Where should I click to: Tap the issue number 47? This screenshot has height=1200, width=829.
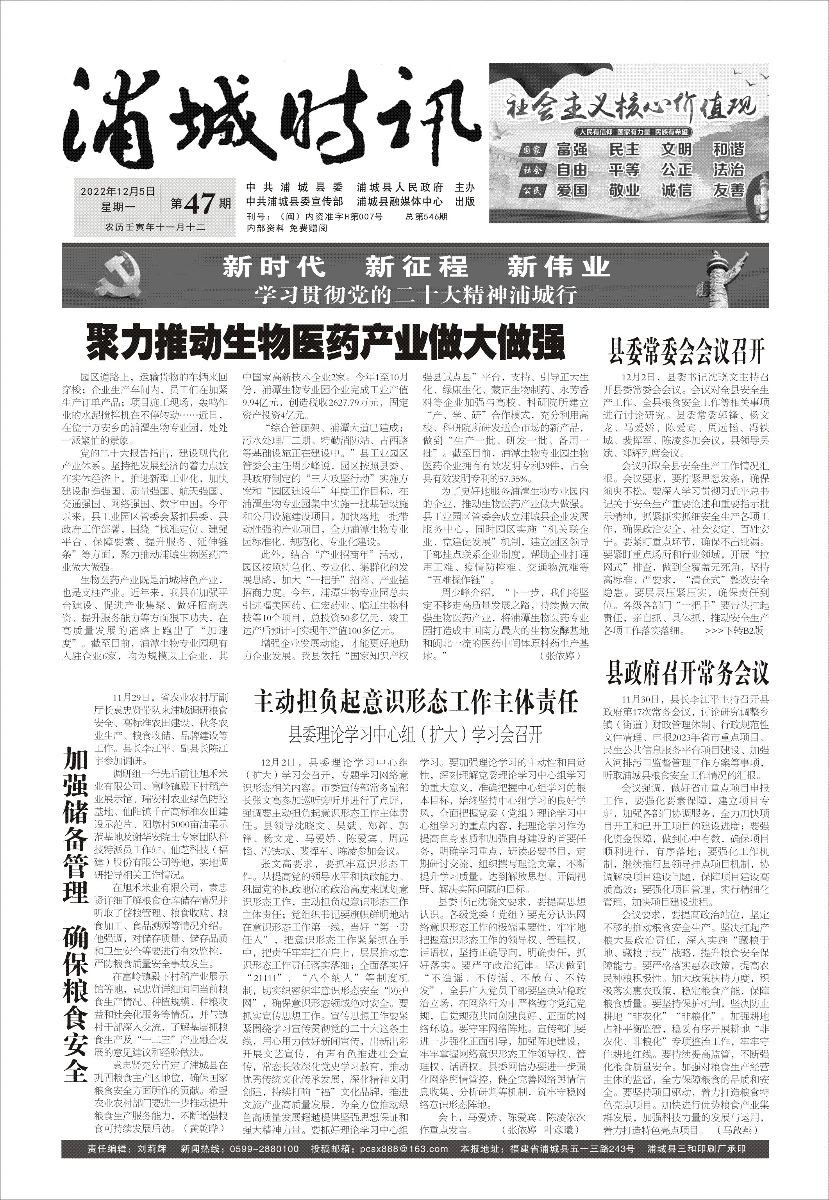pos(200,203)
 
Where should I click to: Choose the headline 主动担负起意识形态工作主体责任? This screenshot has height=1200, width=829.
pos(416,703)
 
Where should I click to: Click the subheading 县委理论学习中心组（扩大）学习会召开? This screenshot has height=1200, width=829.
pos(416,734)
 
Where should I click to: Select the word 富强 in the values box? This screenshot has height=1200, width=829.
pos(572,150)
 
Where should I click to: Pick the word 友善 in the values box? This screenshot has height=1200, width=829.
pos(729,191)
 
